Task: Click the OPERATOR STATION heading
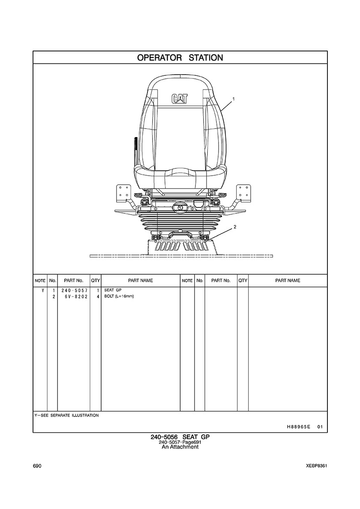point(180,58)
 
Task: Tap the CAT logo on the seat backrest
point(180,99)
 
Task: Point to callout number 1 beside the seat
point(234,99)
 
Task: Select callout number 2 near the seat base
point(235,227)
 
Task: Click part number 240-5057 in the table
point(74,290)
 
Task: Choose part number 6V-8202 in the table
point(76,296)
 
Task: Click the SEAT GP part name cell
point(113,290)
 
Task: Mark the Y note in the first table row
point(42,290)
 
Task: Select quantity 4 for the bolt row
point(98,296)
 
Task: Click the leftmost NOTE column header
point(40,281)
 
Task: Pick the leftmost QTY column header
point(96,281)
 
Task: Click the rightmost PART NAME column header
point(288,281)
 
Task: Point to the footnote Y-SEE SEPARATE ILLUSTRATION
point(66,415)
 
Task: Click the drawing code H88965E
point(296,427)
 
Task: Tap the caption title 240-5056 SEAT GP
point(180,437)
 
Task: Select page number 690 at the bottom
point(37,466)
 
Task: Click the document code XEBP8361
point(316,466)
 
